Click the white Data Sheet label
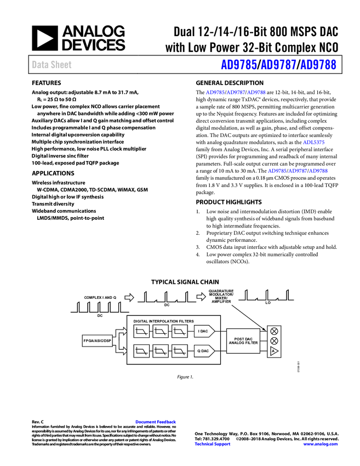[52, 65]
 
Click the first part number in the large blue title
[238, 65]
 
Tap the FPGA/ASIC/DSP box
[98, 341]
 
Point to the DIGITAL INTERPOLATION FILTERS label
[163, 321]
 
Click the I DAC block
[204, 331]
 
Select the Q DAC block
[204, 351]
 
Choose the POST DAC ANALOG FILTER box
[243, 341]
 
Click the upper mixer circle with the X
[274, 331]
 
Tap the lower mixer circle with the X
[274, 341]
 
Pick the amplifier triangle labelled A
[274, 351]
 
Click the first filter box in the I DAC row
[141, 331]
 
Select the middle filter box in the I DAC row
[161, 331]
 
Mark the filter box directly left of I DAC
[180, 331]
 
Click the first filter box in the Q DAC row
[141, 351]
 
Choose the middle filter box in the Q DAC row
[161, 351]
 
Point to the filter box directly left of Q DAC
[180, 351]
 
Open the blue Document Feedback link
[156, 422]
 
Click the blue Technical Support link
[213, 444]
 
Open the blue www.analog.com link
[321, 444]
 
